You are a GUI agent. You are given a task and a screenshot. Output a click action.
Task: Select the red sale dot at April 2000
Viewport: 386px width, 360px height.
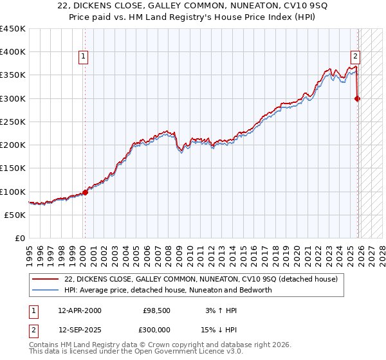point(85,192)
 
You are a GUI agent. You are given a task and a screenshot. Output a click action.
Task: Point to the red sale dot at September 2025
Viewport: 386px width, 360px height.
point(358,98)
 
